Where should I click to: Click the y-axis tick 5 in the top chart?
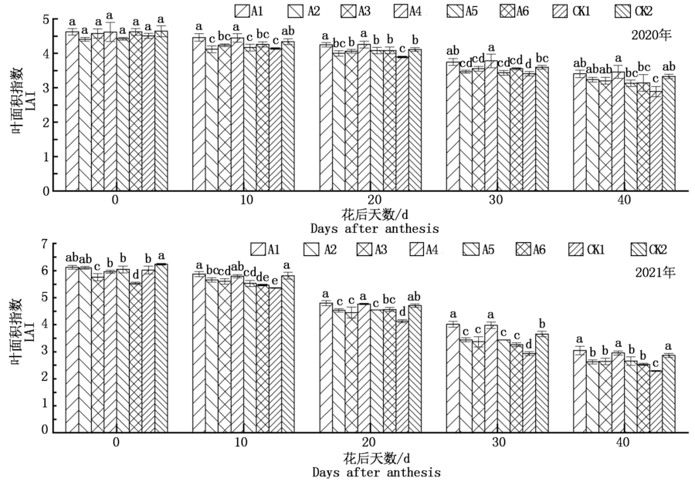coord(48,19)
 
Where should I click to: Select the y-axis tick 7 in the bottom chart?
coord(48,244)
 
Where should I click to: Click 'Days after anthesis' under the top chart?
coord(375,228)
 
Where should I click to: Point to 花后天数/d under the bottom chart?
coord(375,457)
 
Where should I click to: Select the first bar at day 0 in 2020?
coord(71,112)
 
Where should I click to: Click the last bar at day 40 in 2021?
coord(670,393)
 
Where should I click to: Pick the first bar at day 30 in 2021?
coord(453,378)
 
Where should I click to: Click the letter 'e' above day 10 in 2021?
coord(275,280)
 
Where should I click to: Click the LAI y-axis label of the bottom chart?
coord(28,328)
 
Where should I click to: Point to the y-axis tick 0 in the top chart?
coord(48,191)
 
